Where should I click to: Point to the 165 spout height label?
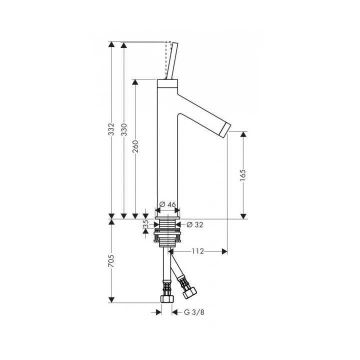[x=243, y=175]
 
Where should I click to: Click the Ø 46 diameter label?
[x=167, y=204]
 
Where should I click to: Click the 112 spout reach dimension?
[x=198, y=251]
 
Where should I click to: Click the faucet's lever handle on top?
[x=170, y=62]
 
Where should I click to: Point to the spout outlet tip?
[x=226, y=129]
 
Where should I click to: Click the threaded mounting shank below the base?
[x=167, y=232]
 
